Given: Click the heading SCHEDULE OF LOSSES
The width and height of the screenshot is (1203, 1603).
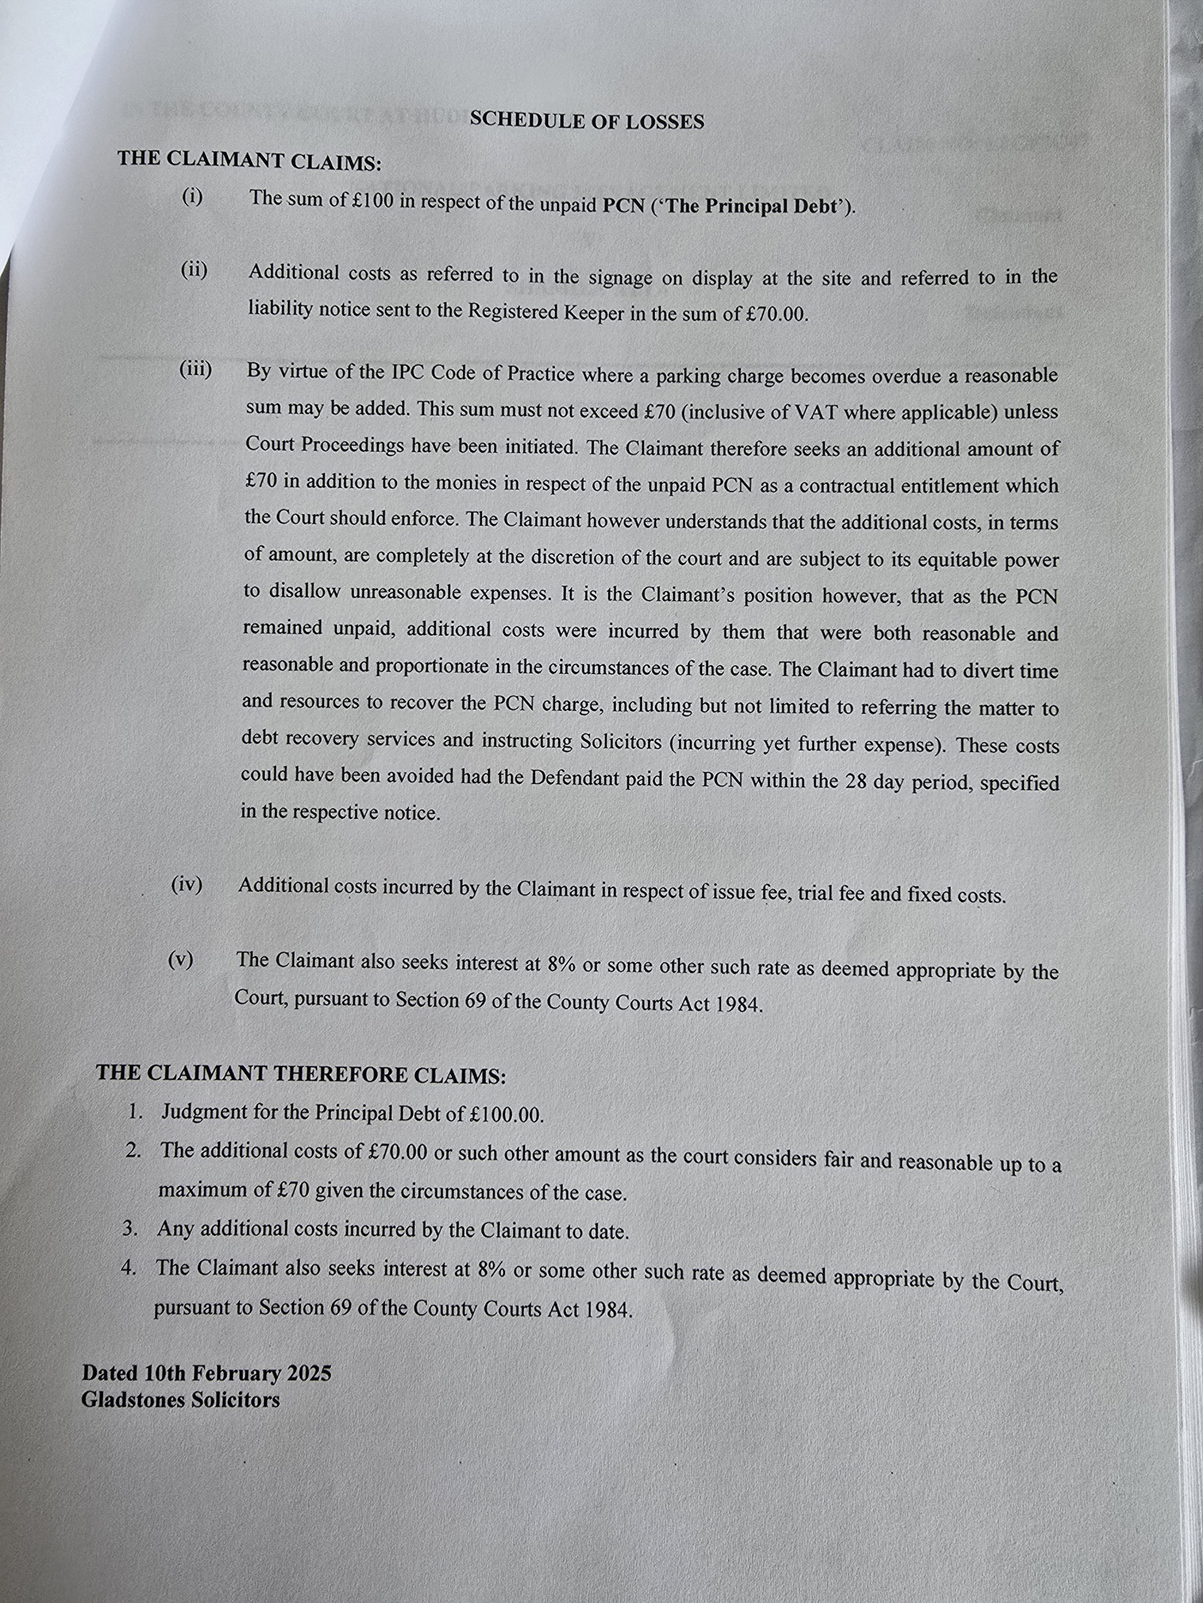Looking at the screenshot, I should (x=586, y=121).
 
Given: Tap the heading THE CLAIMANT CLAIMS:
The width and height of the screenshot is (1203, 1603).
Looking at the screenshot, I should (x=250, y=160).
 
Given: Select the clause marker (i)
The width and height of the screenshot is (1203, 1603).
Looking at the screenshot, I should (x=192, y=197).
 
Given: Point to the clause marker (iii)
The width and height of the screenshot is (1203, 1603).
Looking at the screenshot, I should (x=195, y=369).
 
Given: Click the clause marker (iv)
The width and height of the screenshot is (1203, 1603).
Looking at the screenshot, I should (x=186, y=885).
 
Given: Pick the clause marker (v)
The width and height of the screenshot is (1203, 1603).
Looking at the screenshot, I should (x=180, y=960).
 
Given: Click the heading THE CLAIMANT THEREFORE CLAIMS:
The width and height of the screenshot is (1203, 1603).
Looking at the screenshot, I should (x=301, y=1074).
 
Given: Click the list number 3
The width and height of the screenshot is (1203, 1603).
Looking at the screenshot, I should (x=130, y=1228).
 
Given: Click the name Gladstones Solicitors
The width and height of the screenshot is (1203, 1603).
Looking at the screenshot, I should (x=180, y=1400).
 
